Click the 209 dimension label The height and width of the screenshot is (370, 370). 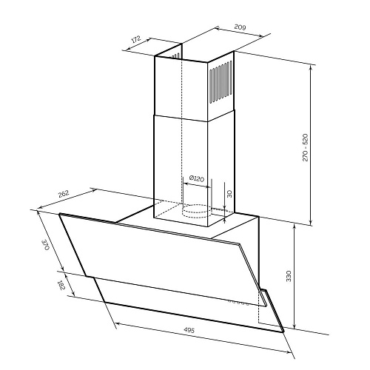point(240,27)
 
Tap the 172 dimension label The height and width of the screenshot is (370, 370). point(135,39)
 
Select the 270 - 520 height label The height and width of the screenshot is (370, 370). point(305,147)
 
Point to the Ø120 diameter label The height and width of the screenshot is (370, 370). point(197,178)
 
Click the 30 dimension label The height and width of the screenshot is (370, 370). point(229,194)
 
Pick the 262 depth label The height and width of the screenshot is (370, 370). point(64,194)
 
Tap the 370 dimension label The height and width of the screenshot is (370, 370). point(46,245)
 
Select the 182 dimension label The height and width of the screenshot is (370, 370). point(61,285)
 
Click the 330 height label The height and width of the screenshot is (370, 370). point(289,276)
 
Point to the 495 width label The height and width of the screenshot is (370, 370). point(189,330)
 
